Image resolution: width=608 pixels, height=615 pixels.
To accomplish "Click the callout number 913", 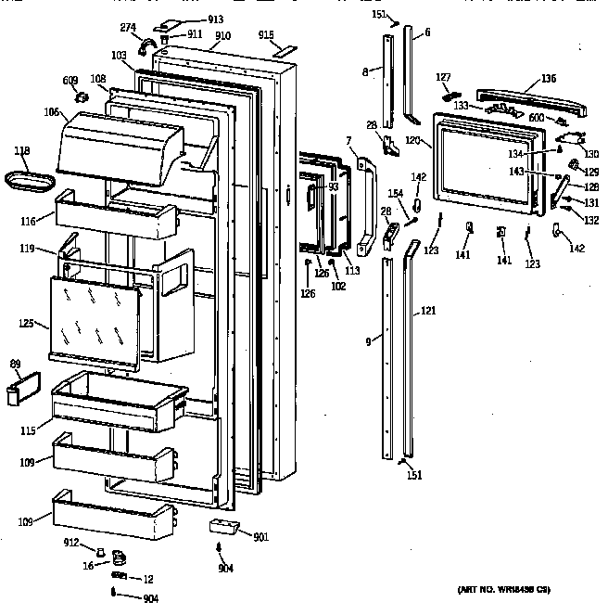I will (215, 19).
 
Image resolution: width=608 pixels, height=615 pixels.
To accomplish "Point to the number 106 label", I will (50, 113).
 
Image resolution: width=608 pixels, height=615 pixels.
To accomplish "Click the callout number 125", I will (28, 324).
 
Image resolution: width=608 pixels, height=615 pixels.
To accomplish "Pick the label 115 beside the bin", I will (29, 430).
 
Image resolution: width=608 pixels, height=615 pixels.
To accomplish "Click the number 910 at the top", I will (222, 36).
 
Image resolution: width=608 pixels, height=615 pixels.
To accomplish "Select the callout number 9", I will (369, 342).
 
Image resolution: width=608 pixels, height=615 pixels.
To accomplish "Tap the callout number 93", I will (333, 187).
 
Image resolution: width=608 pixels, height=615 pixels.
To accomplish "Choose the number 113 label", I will (352, 272).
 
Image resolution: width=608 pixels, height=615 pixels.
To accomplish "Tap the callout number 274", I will (129, 27).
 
